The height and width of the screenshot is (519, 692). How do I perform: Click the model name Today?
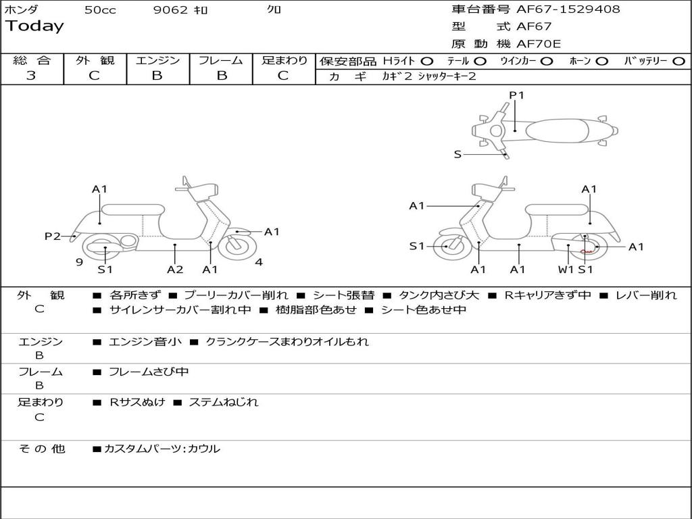[34, 26]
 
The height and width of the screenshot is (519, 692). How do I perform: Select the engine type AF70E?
[539, 45]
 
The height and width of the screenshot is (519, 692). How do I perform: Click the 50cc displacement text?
[100, 10]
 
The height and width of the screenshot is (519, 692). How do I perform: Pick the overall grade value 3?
[31, 76]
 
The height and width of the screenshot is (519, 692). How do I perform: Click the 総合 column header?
[32, 61]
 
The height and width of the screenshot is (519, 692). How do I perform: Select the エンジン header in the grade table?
[157, 61]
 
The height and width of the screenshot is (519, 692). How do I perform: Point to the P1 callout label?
[516, 95]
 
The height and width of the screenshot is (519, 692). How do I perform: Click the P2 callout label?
[52, 236]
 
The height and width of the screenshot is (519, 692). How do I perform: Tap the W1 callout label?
[565, 270]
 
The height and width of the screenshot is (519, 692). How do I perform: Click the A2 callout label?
[175, 270]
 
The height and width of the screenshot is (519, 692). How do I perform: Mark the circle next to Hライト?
[427, 61]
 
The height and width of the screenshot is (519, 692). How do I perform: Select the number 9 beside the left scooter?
[79, 262]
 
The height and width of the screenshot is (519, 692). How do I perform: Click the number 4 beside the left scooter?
[259, 262]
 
